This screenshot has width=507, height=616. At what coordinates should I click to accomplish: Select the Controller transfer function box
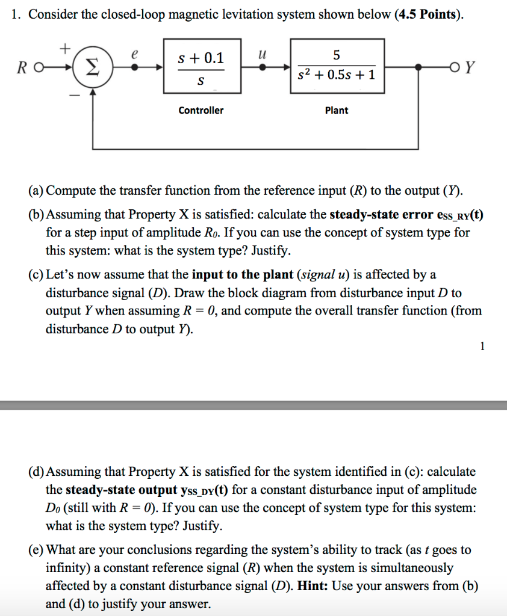(201, 66)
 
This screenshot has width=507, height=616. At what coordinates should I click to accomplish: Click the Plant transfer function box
(337, 66)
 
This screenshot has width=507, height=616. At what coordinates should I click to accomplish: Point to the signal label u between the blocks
(261, 54)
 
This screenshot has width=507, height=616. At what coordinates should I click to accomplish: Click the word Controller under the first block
(201, 110)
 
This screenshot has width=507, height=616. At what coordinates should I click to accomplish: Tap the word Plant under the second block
(337, 110)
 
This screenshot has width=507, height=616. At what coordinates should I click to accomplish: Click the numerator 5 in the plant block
(337, 55)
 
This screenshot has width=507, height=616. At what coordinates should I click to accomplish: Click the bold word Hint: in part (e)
(313, 586)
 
